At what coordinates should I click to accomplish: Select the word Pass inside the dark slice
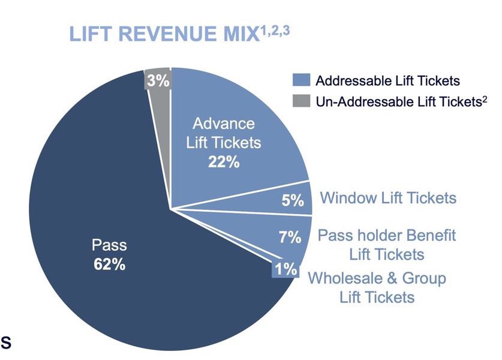[x=109, y=245]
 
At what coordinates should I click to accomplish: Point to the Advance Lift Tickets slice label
[x=224, y=134]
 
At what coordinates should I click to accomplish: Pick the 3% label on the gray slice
[x=158, y=80]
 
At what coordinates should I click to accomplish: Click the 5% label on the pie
[x=293, y=200]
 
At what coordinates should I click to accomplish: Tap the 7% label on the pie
[x=290, y=237]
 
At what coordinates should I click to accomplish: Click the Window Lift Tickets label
[x=388, y=198]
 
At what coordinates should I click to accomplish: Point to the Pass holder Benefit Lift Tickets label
[x=386, y=244]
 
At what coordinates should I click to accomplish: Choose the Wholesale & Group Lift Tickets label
[x=377, y=287]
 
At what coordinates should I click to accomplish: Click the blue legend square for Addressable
[x=301, y=80]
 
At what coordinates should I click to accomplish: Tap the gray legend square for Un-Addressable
[x=301, y=101]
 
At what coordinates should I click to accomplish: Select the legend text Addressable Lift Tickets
[x=387, y=80]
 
